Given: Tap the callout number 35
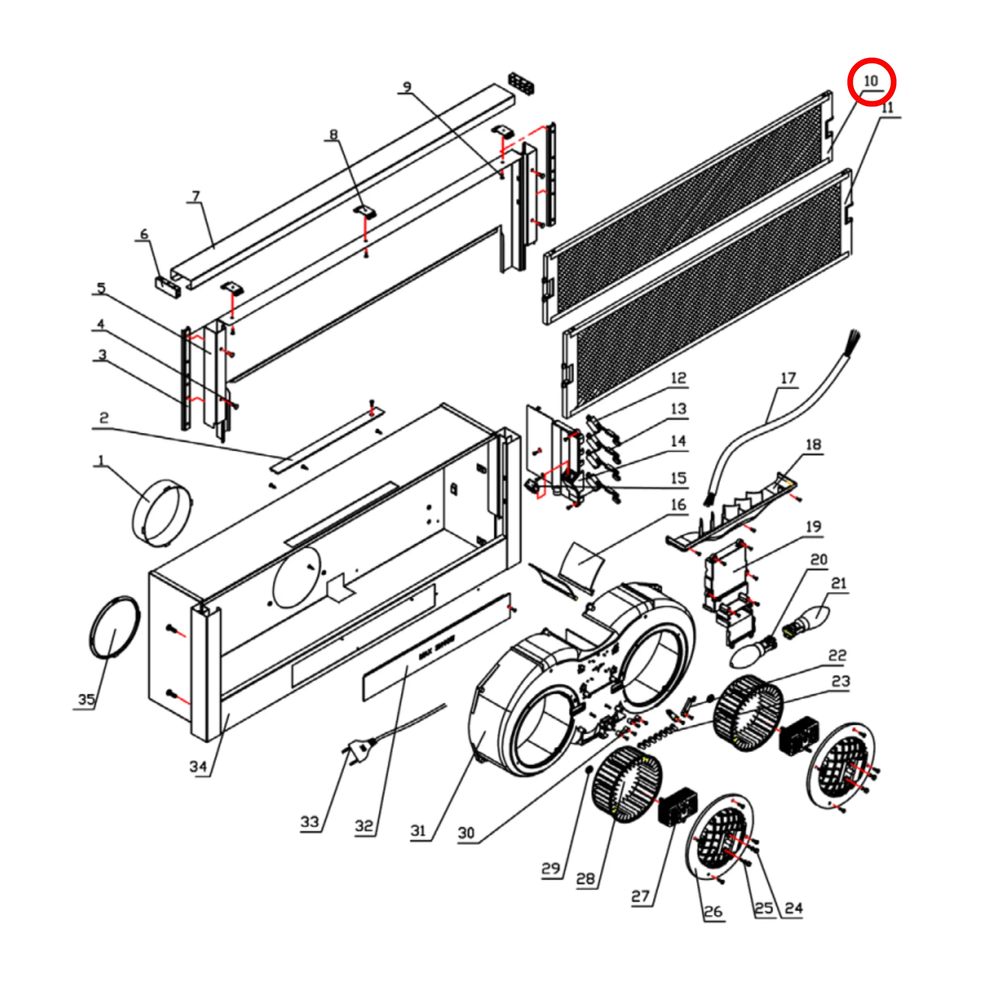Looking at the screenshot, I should tap(86, 699).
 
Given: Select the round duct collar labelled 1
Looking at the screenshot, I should tap(162, 513).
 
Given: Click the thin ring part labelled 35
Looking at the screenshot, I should tap(114, 627).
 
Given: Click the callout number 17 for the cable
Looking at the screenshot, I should tap(788, 378).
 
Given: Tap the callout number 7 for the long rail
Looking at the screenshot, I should tap(196, 196).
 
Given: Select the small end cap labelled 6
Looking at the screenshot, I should tap(168, 288).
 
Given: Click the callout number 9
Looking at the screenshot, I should tap(407, 87).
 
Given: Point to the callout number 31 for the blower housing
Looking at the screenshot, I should tap(418, 830).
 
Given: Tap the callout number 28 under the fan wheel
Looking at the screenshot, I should tap(586, 878).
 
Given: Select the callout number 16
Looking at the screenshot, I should tap(678, 505).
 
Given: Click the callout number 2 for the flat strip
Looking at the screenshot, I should tap(104, 418).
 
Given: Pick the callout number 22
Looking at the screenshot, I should tap(837, 655).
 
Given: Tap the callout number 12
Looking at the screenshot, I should tap(678, 378).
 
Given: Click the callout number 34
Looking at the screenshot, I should tap(198, 766).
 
